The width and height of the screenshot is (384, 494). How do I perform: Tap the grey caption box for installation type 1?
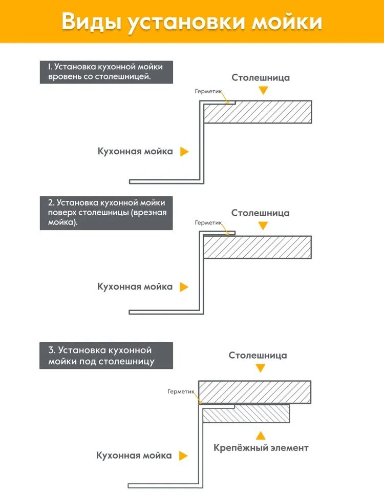click(106, 72)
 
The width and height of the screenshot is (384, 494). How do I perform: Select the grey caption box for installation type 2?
click(106, 213)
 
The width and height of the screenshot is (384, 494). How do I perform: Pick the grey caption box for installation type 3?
click(106, 356)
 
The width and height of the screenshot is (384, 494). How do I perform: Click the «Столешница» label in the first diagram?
click(261, 78)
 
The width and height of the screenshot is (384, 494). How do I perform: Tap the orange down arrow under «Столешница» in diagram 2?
click(263, 225)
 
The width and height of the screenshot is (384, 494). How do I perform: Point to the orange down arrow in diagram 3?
click(261, 368)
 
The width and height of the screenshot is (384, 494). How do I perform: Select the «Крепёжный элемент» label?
click(261, 448)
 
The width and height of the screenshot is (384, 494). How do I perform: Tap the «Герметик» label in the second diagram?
click(209, 223)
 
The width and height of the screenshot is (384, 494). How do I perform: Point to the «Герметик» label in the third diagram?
click(181, 392)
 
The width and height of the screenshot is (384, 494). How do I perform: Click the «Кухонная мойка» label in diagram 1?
click(135, 152)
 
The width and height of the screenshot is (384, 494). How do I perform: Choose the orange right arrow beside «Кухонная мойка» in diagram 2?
click(184, 287)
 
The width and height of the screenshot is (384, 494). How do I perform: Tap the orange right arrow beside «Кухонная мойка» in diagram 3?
click(183, 455)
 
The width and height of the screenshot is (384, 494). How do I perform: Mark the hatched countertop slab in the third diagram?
click(255, 392)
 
